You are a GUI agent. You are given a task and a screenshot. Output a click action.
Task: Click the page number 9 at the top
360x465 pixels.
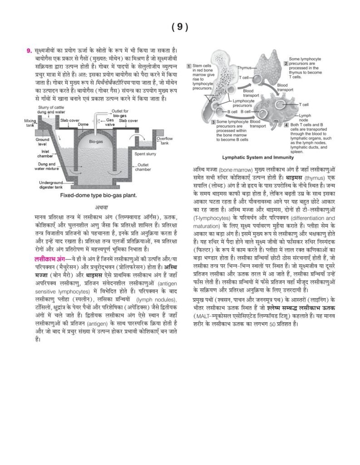(x=180, y=27)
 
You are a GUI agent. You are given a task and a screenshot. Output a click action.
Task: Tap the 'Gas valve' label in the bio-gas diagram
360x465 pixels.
(x=110, y=122)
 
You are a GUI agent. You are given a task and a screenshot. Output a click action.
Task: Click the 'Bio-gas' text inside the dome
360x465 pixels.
(x=96, y=142)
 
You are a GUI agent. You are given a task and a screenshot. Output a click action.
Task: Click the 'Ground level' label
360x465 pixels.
(x=43, y=142)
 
